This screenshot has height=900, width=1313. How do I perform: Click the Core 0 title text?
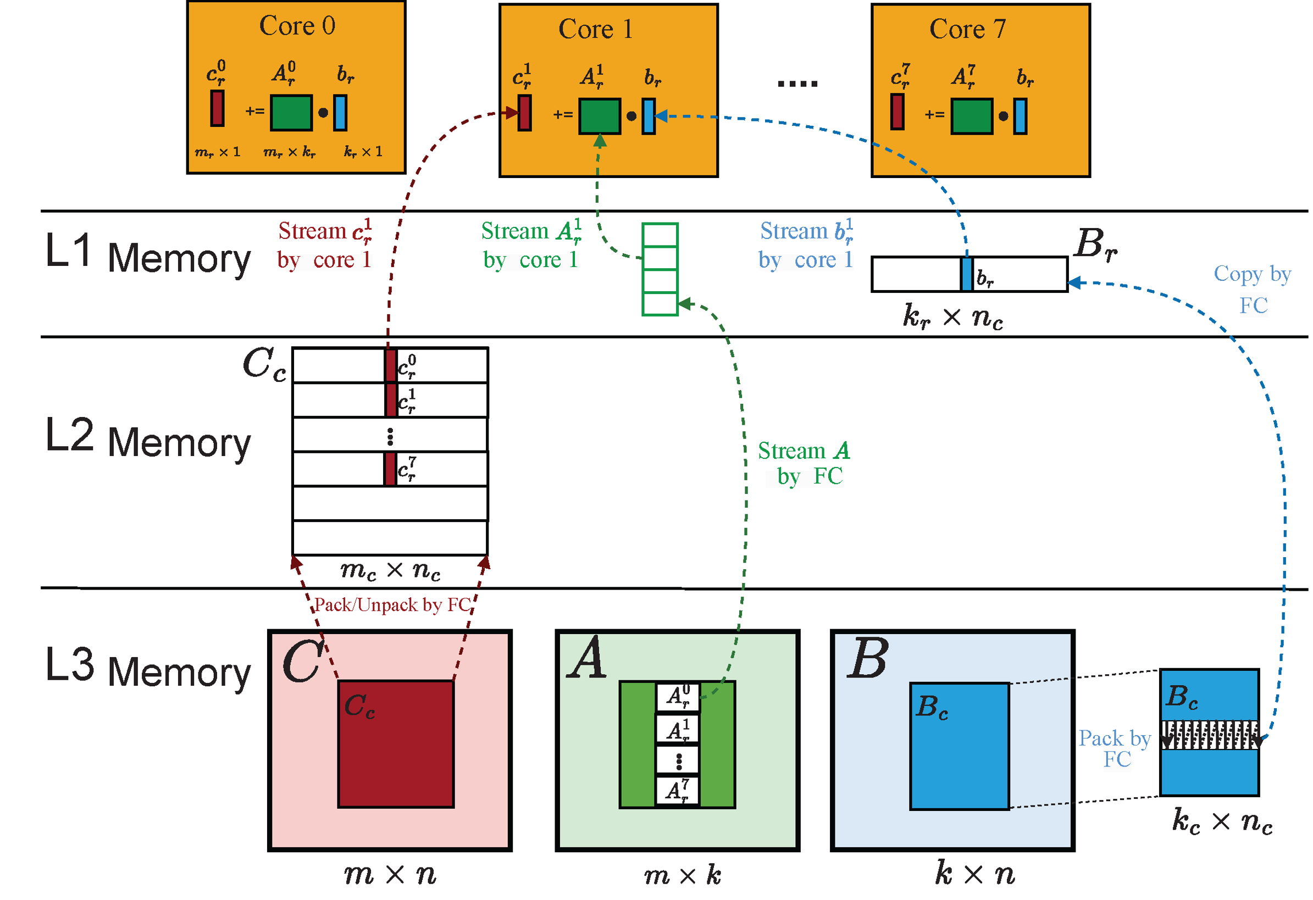pyautogui.click(x=297, y=26)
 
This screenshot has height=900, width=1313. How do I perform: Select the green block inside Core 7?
pyautogui.click(x=971, y=116)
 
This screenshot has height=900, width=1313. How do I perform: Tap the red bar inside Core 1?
pyautogui.click(x=524, y=113)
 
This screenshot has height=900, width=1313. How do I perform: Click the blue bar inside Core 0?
pyautogui.click(x=340, y=113)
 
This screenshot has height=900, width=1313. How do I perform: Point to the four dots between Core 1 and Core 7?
pyautogui.click(x=797, y=84)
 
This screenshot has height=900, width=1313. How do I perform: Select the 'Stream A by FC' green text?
pyautogui.click(x=804, y=463)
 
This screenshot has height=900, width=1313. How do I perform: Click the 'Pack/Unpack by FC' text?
pyautogui.click(x=392, y=605)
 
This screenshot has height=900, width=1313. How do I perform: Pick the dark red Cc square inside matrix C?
pyautogui.click(x=396, y=752)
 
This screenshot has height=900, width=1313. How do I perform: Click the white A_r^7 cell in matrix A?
pyautogui.click(x=678, y=791)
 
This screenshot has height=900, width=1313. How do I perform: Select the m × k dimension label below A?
pyautogui.click(x=683, y=876)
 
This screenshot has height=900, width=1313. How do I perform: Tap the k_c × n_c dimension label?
pyautogui.click(x=1222, y=821)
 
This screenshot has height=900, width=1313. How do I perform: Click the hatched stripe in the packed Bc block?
pyautogui.click(x=1209, y=735)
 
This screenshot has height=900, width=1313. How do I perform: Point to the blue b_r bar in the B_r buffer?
pyautogui.click(x=967, y=275)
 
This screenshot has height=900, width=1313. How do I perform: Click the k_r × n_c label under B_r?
pyautogui.click(x=953, y=317)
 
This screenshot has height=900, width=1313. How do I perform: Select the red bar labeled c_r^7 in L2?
pyautogui.click(x=390, y=469)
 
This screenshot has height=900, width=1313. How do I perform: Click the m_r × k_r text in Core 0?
pyautogui.click(x=289, y=152)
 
